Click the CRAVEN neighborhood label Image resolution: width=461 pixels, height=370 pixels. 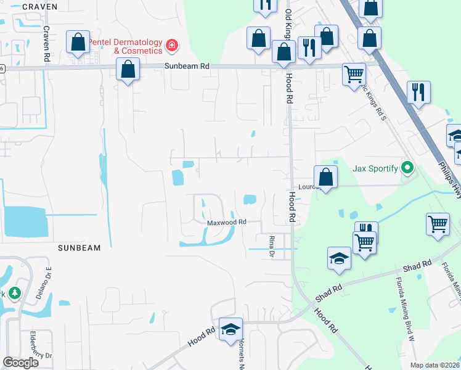click(39, 7)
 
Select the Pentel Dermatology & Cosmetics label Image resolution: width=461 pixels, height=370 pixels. click(124, 46)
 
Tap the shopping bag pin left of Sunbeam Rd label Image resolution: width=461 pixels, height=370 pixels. click(128, 71)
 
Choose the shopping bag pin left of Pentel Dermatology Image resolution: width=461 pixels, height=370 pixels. click(78, 44)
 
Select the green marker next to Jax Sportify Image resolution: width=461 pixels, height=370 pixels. click(407, 167)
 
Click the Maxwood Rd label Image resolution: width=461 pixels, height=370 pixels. click(226, 222)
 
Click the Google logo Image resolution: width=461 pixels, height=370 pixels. click(20, 363)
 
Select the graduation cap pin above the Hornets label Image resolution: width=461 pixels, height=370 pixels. click(230, 331)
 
